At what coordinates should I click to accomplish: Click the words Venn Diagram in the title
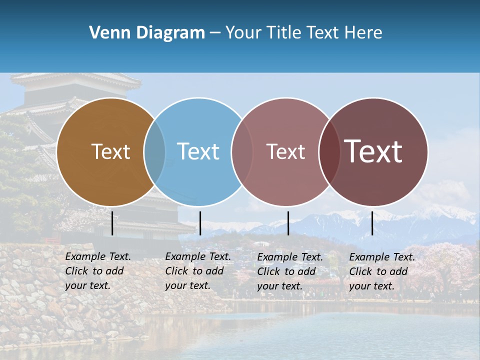pos(147,33)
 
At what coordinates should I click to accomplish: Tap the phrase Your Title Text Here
pos(303,33)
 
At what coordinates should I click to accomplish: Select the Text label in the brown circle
pos(110,151)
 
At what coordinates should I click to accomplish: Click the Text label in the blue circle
pos(198,151)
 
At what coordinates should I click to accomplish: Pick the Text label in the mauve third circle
pos(285,151)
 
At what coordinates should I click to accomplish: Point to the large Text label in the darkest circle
pos(373,151)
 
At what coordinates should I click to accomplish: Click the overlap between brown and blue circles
pos(154,151)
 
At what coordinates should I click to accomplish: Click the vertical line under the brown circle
pos(112,223)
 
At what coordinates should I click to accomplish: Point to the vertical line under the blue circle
pos(200,223)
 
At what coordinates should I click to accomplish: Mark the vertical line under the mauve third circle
pos(288,223)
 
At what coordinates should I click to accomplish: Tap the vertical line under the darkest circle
pos(372,223)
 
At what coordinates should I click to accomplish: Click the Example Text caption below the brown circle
pos(98,271)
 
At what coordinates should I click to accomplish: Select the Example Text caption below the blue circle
pos(198,271)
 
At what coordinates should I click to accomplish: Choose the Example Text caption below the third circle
pos(290,271)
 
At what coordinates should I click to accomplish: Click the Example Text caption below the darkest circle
pos(382,271)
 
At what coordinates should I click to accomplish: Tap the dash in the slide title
pos(215,33)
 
